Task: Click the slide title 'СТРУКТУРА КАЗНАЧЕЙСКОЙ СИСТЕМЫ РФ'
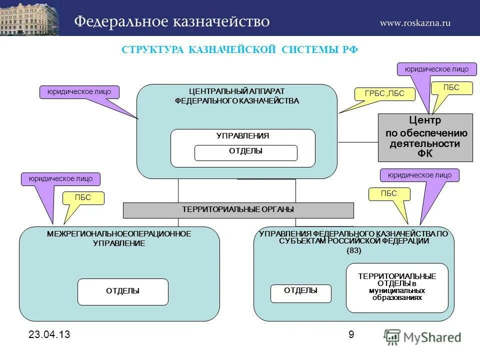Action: click(240, 49)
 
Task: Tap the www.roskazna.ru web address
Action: click(415, 22)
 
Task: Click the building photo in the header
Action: click(29, 18)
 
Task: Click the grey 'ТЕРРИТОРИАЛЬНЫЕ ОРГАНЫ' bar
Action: click(238, 210)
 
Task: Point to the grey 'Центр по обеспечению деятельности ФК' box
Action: click(425, 137)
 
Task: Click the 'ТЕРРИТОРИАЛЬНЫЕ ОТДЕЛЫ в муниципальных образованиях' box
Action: click(397, 287)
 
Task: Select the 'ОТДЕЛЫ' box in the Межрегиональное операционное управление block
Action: click(122, 291)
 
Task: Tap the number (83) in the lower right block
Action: click(353, 251)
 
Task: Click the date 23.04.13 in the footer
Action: click(45, 335)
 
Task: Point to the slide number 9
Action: click(351, 334)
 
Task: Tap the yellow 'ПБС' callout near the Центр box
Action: click(451, 88)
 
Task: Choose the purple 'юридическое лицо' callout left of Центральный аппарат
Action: click(79, 92)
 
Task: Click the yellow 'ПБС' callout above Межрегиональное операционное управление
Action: click(83, 198)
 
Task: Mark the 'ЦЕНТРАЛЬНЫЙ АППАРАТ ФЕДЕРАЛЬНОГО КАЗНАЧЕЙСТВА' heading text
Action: click(236, 96)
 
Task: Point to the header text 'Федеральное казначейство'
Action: click(172, 21)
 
